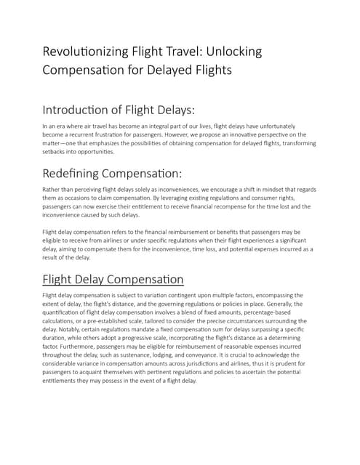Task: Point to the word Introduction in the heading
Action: pos(81,110)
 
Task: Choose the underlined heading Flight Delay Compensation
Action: pos(113,279)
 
